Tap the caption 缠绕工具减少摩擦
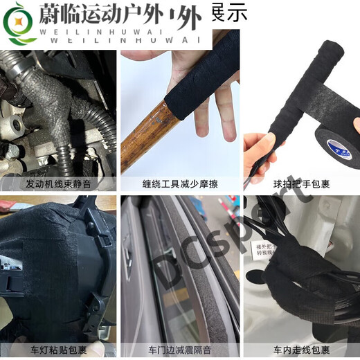pyautogui.click(x=180, y=184)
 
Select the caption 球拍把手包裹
pyautogui.click(x=301, y=184)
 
